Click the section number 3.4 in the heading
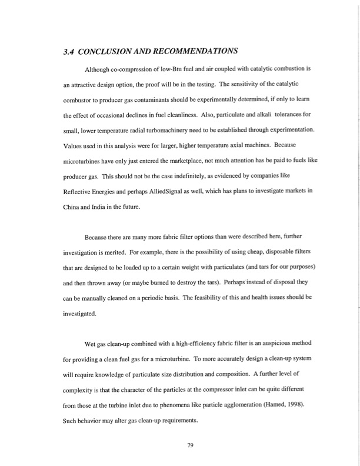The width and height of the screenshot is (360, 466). (71, 51)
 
